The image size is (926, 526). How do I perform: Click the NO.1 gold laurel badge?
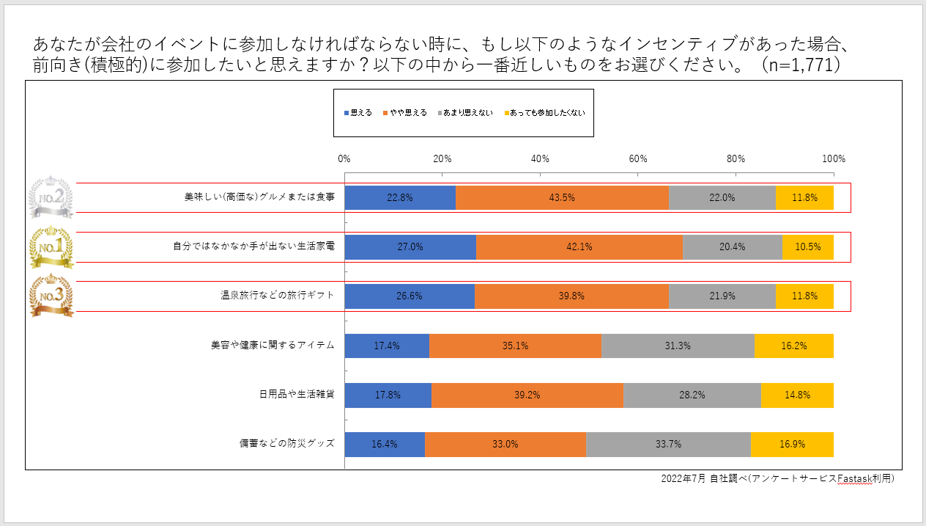point(51,247)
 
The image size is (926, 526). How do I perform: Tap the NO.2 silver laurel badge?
point(51,197)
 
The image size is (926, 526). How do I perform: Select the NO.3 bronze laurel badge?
point(51,296)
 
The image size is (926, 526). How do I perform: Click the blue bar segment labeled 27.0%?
point(410,247)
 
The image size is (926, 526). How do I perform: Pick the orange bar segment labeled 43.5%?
point(562,197)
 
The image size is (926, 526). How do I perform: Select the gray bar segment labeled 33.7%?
point(668,444)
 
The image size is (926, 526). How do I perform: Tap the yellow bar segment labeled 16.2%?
point(794,346)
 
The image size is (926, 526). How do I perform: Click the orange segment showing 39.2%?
point(527,395)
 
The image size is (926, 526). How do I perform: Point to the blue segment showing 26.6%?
point(410,296)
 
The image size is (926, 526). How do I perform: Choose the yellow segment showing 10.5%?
point(808,247)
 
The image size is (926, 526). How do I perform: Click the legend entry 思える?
point(358,113)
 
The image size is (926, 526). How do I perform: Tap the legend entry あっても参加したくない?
point(545,113)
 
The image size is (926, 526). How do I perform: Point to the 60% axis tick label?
point(637,158)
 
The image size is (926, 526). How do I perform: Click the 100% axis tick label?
point(834,158)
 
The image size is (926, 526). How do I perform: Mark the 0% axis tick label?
point(344,158)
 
